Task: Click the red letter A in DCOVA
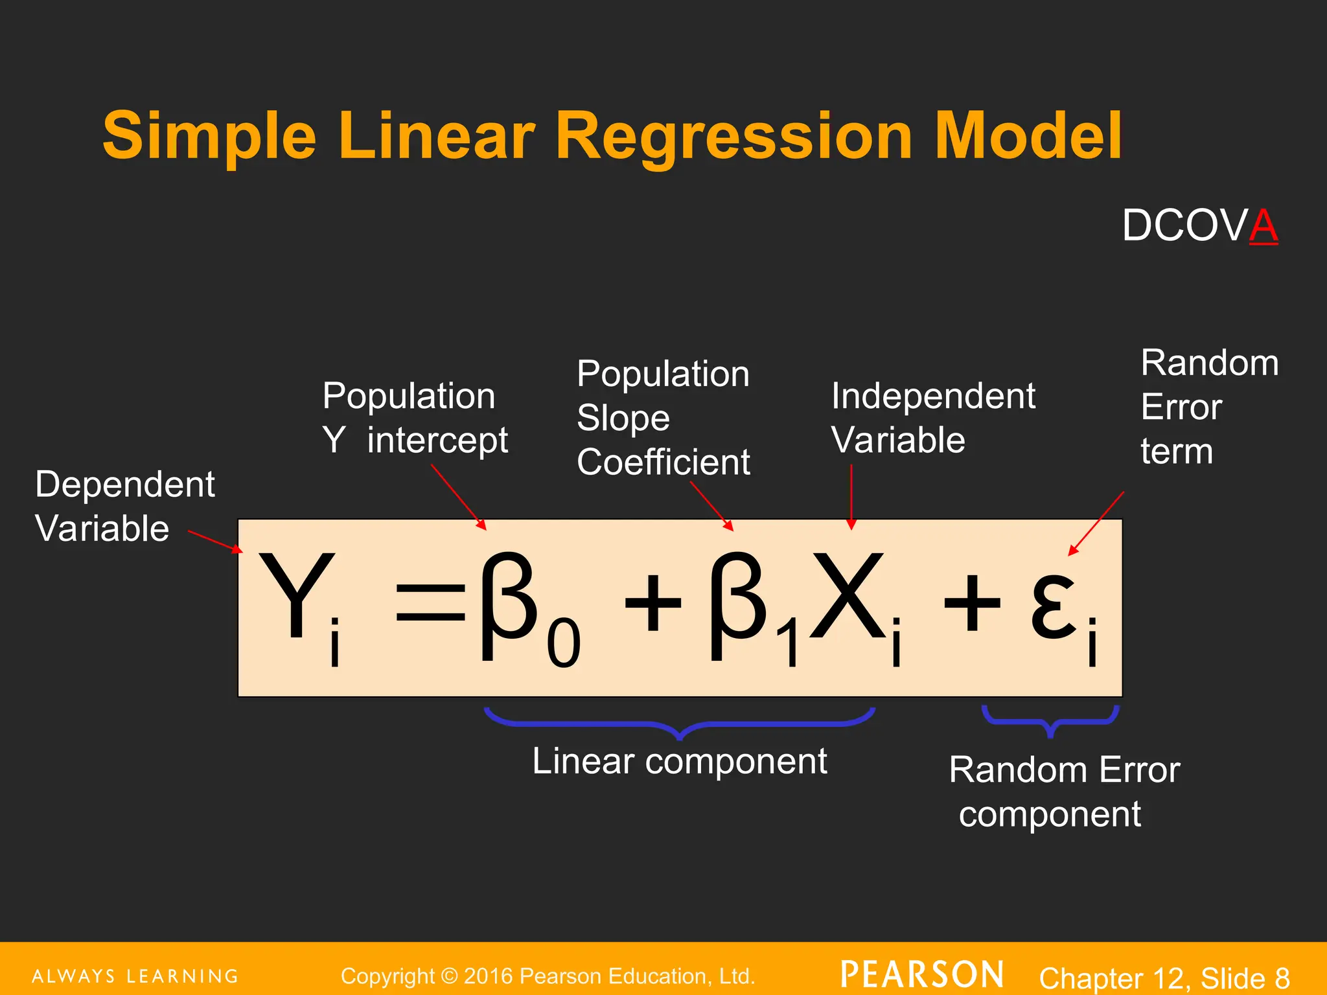point(1263,226)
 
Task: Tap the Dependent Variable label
point(124,506)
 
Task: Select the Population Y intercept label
point(415,418)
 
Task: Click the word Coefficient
point(663,462)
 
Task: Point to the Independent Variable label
point(932,418)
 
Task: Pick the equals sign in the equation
point(431,602)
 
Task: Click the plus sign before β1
point(652,602)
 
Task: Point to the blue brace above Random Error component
point(1050,722)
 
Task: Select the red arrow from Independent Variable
point(851,496)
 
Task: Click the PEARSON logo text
point(922,974)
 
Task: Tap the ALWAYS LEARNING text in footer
point(135,976)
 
